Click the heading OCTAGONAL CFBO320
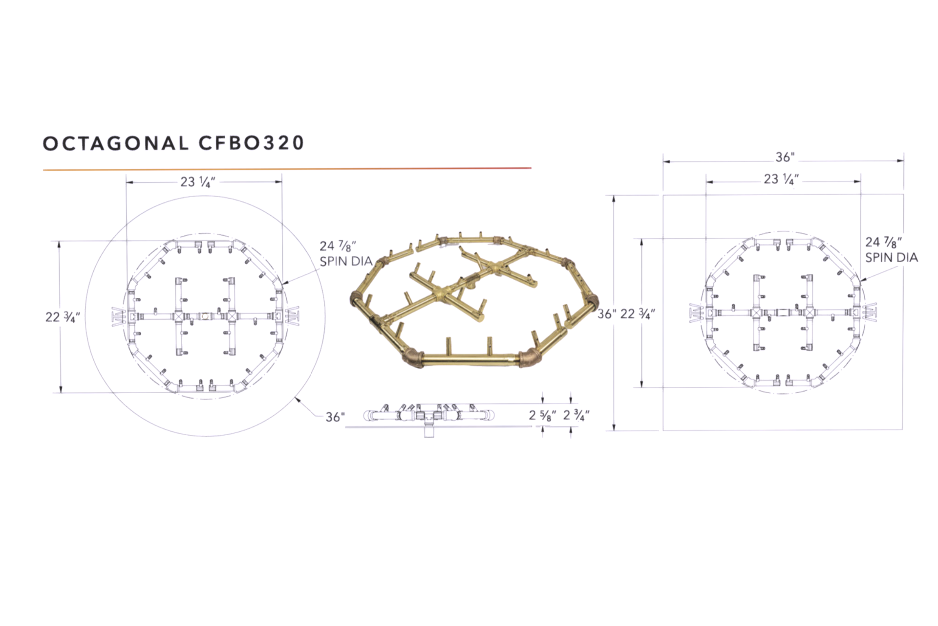(x=173, y=143)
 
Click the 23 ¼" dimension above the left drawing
(x=197, y=182)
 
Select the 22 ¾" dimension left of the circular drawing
(x=63, y=317)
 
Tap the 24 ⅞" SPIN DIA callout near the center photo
(x=345, y=253)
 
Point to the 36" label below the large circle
(x=335, y=417)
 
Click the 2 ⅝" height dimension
(x=542, y=416)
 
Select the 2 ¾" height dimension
(x=576, y=416)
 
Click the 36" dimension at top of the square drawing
(x=785, y=157)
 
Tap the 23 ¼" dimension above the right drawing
(x=781, y=179)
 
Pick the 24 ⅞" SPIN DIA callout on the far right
(x=891, y=249)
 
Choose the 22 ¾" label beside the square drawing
(x=638, y=314)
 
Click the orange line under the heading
(x=287, y=169)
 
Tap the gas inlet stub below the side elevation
(x=428, y=431)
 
